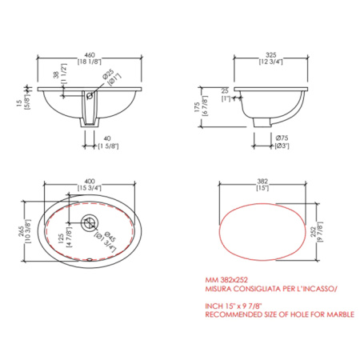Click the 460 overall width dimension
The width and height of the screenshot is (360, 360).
(x=90, y=55)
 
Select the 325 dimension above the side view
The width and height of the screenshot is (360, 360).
(x=270, y=55)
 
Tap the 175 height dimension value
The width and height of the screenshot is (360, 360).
(x=198, y=107)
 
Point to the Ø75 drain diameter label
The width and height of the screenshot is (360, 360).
(x=282, y=138)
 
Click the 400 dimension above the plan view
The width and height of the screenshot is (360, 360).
(x=90, y=182)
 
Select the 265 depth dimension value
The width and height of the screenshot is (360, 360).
(x=22, y=231)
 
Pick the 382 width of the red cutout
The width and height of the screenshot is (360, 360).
(x=262, y=182)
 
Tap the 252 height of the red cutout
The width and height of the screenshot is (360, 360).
(x=314, y=231)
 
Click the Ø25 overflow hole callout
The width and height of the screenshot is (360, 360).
(x=108, y=74)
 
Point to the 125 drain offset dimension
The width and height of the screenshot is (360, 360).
(x=61, y=239)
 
